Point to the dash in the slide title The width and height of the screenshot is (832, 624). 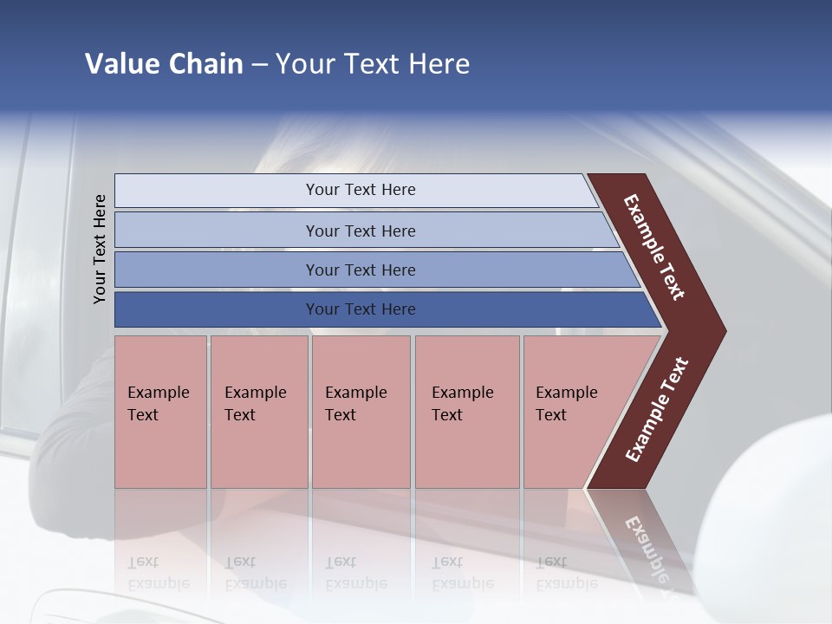click(x=259, y=65)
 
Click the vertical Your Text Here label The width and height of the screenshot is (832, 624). click(x=100, y=249)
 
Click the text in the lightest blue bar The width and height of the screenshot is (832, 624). click(x=361, y=190)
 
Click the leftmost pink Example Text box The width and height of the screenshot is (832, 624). click(x=160, y=412)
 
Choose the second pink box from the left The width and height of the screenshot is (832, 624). click(x=258, y=412)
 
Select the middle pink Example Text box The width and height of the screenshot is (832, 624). click(x=361, y=412)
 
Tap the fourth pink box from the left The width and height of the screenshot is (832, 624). click(x=467, y=412)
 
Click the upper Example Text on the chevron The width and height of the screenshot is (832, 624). click(x=654, y=247)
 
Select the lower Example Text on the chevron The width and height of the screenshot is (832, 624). click(x=657, y=410)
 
